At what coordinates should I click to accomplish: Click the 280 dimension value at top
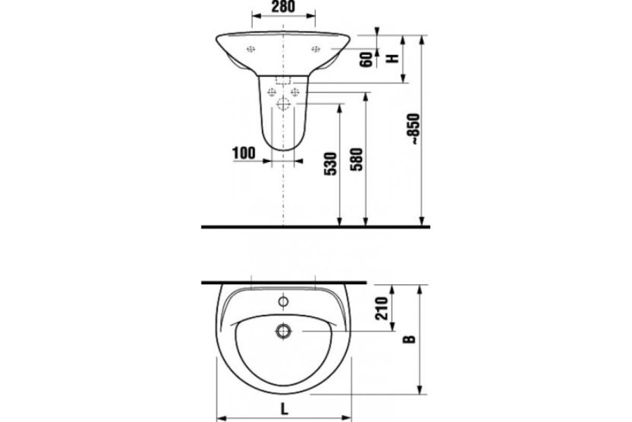pos(283,6)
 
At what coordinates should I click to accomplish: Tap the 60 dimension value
pos(367,60)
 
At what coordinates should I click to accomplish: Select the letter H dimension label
pos(392,59)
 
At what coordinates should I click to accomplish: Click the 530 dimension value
pos(331,164)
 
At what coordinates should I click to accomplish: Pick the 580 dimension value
pos(357,160)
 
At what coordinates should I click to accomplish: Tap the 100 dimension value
pos(244,154)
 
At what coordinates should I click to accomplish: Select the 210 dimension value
pos(381,309)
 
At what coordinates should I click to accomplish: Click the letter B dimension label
pos(409,339)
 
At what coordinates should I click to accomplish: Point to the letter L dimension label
pos(285,409)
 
